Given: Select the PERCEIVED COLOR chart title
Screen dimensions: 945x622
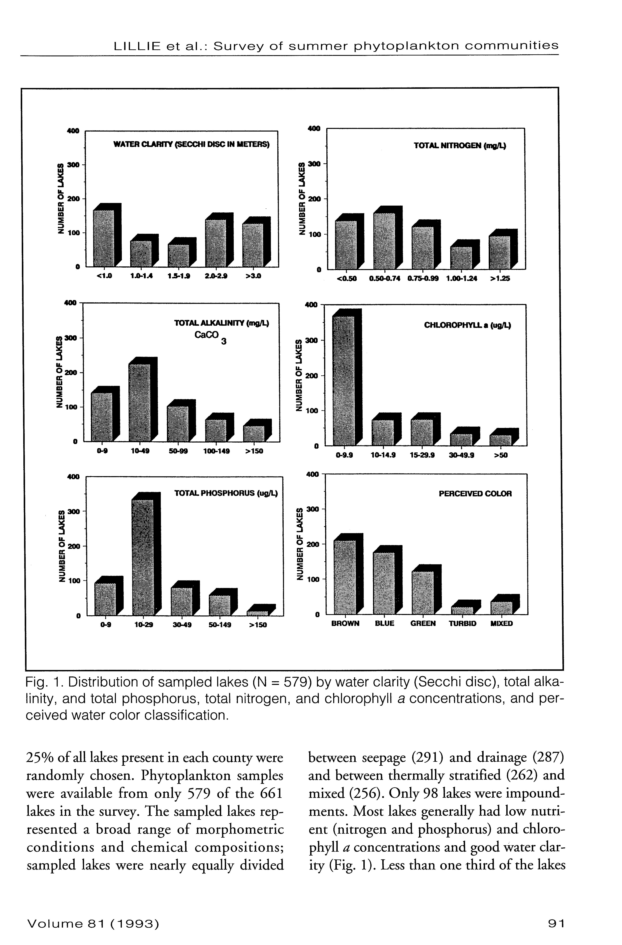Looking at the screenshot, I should (475, 494).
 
